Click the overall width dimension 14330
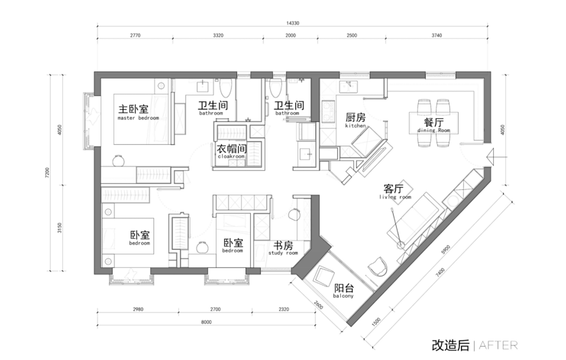point(293,23)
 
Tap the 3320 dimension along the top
point(218,35)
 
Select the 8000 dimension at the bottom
point(206,322)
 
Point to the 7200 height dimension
point(47,172)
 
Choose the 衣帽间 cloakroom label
point(231,151)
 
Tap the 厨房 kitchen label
point(356,120)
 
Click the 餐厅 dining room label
point(434,125)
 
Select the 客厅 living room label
point(395,191)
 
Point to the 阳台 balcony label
point(343,291)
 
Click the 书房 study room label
point(283,248)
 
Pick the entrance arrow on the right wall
point(497,157)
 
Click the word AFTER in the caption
point(498,345)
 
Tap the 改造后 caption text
point(451,345)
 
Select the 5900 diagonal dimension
point(446,249)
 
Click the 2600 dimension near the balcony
point(318,305)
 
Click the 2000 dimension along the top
point(291,35)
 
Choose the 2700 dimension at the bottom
point(216,309)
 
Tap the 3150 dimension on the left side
point(60,228)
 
